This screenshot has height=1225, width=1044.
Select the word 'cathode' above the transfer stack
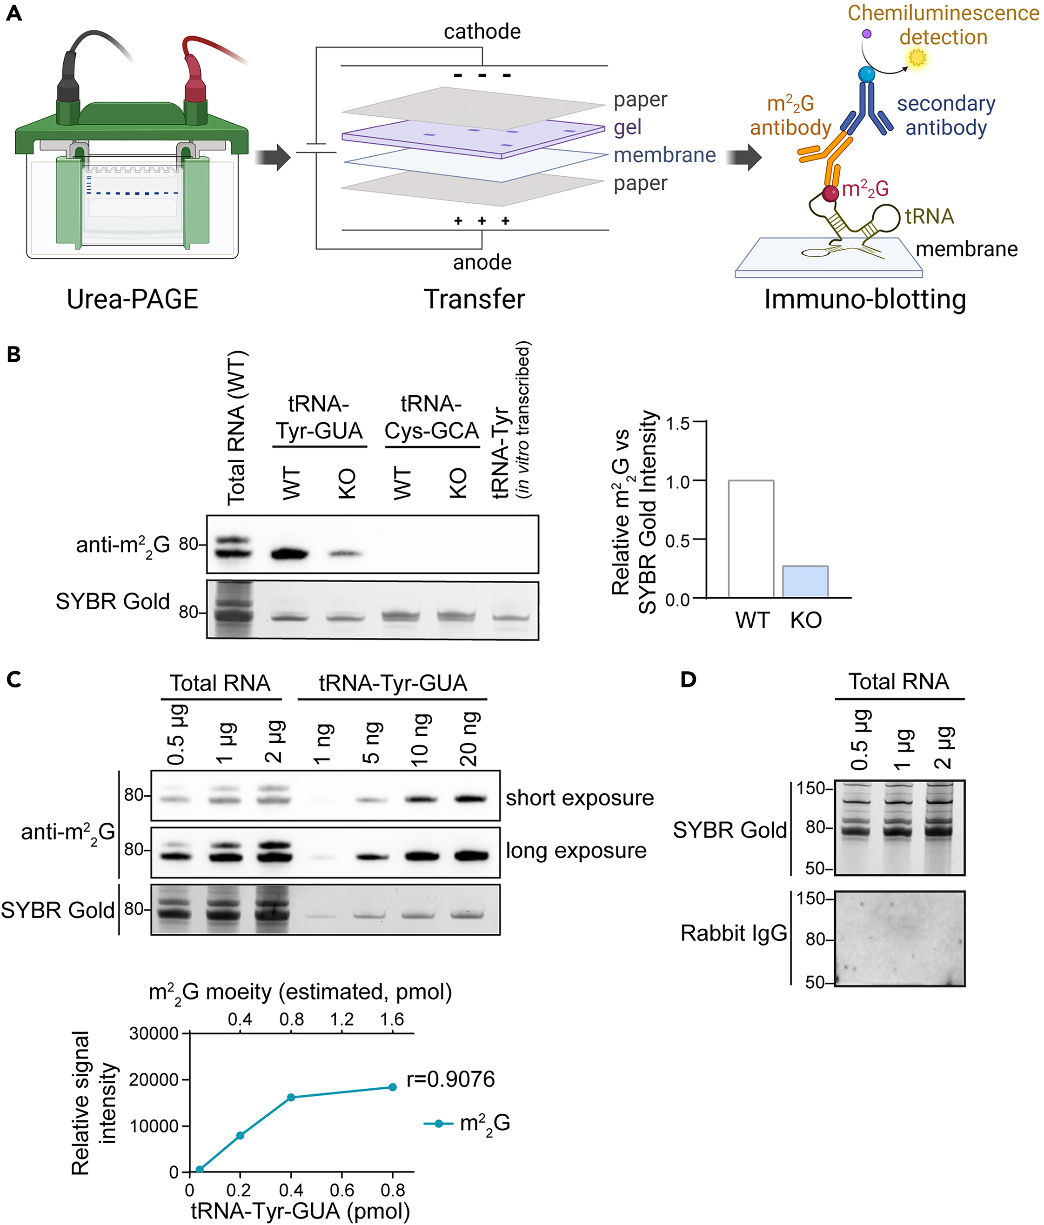pyautogui.click(x=482, y=31)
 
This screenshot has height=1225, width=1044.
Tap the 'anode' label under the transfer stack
pyautogui.click(x=482, y=262)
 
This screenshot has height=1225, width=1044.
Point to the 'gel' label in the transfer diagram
pyautogui.click(x=627, y=127)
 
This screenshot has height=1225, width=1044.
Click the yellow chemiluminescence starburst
pyautogui.click(x=917, y=58)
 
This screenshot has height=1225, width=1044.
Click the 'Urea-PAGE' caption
pyautogui.click(x=132, y=299)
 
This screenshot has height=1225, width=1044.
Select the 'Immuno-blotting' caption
pyautogui.click(x=865, y=299)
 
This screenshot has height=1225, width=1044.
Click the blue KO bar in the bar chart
pyautogui.click(x=805, y=582)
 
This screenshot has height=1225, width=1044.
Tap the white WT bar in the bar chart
pyautogui.click(x=750, y=539)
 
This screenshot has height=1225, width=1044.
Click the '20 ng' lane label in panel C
pyautogui.click(x=469, y=739)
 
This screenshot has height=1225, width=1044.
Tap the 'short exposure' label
pyautogui.click(x=580, y=798)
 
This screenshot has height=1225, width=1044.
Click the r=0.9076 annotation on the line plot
pyautogui.click(x=450, y=1079)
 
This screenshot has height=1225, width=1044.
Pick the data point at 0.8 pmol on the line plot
pyautogui.click(x=392, y=1087)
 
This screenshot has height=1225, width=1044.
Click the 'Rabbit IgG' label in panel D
pyautogui.click(x=734, y=933)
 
